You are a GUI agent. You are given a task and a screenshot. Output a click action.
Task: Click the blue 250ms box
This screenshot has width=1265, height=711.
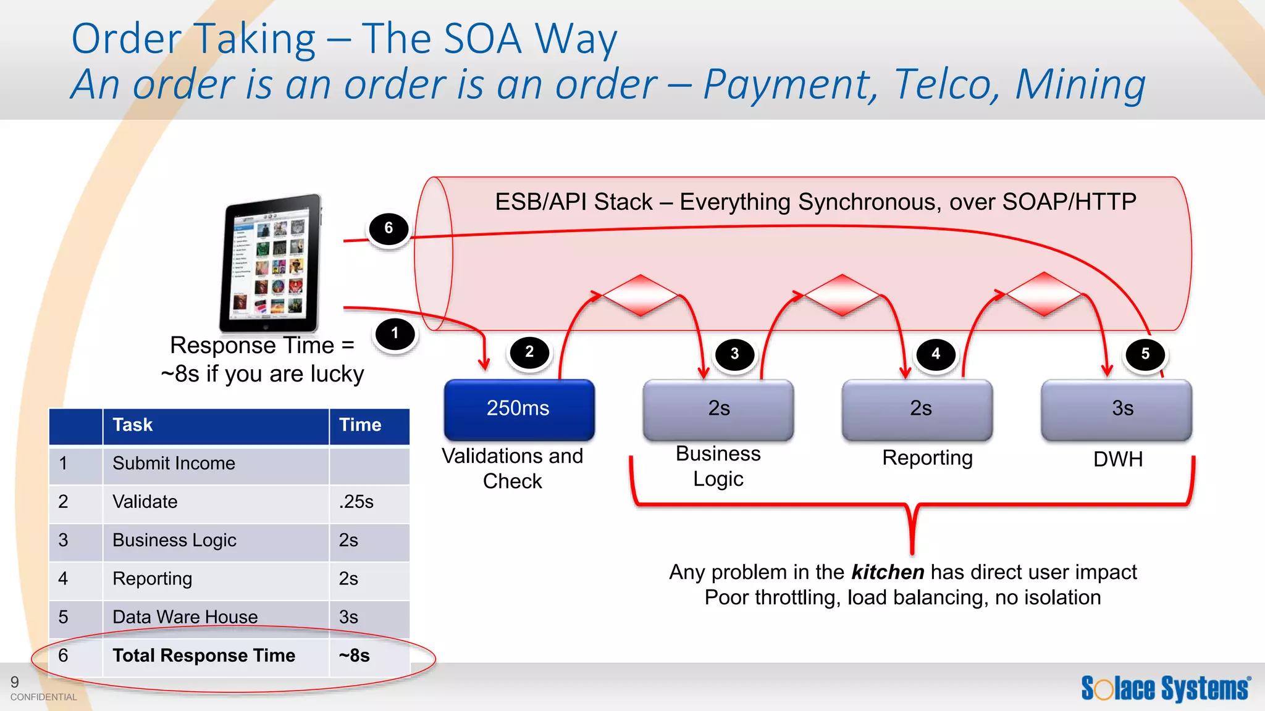tap(519, 409)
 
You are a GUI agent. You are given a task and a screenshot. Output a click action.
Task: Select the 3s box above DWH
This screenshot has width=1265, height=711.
tap(1116, 409)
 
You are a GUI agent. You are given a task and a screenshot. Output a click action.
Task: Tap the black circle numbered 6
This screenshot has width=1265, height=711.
tap(389, 228)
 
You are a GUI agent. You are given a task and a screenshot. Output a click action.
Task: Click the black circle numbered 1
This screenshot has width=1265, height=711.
tap(395, 334)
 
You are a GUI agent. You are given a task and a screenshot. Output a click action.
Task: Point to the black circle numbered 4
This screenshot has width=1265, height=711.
tap(935, 354)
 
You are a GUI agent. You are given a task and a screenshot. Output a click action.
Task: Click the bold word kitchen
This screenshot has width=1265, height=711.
tap(887, 572)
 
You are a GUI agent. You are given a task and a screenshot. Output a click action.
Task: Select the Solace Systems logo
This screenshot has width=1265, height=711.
tap(1166, 688)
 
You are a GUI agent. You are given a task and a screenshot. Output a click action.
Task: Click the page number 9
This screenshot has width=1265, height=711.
tap(15, 682)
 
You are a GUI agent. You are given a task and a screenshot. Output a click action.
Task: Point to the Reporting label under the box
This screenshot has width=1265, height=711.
tap(927, 458)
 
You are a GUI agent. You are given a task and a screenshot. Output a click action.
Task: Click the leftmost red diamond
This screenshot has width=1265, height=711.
tap(641, 296)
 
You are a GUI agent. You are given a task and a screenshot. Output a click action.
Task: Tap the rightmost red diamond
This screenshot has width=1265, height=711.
tap(1044, 294)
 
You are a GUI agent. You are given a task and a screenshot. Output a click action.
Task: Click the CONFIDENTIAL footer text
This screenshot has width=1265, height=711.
tap(44, 697)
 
